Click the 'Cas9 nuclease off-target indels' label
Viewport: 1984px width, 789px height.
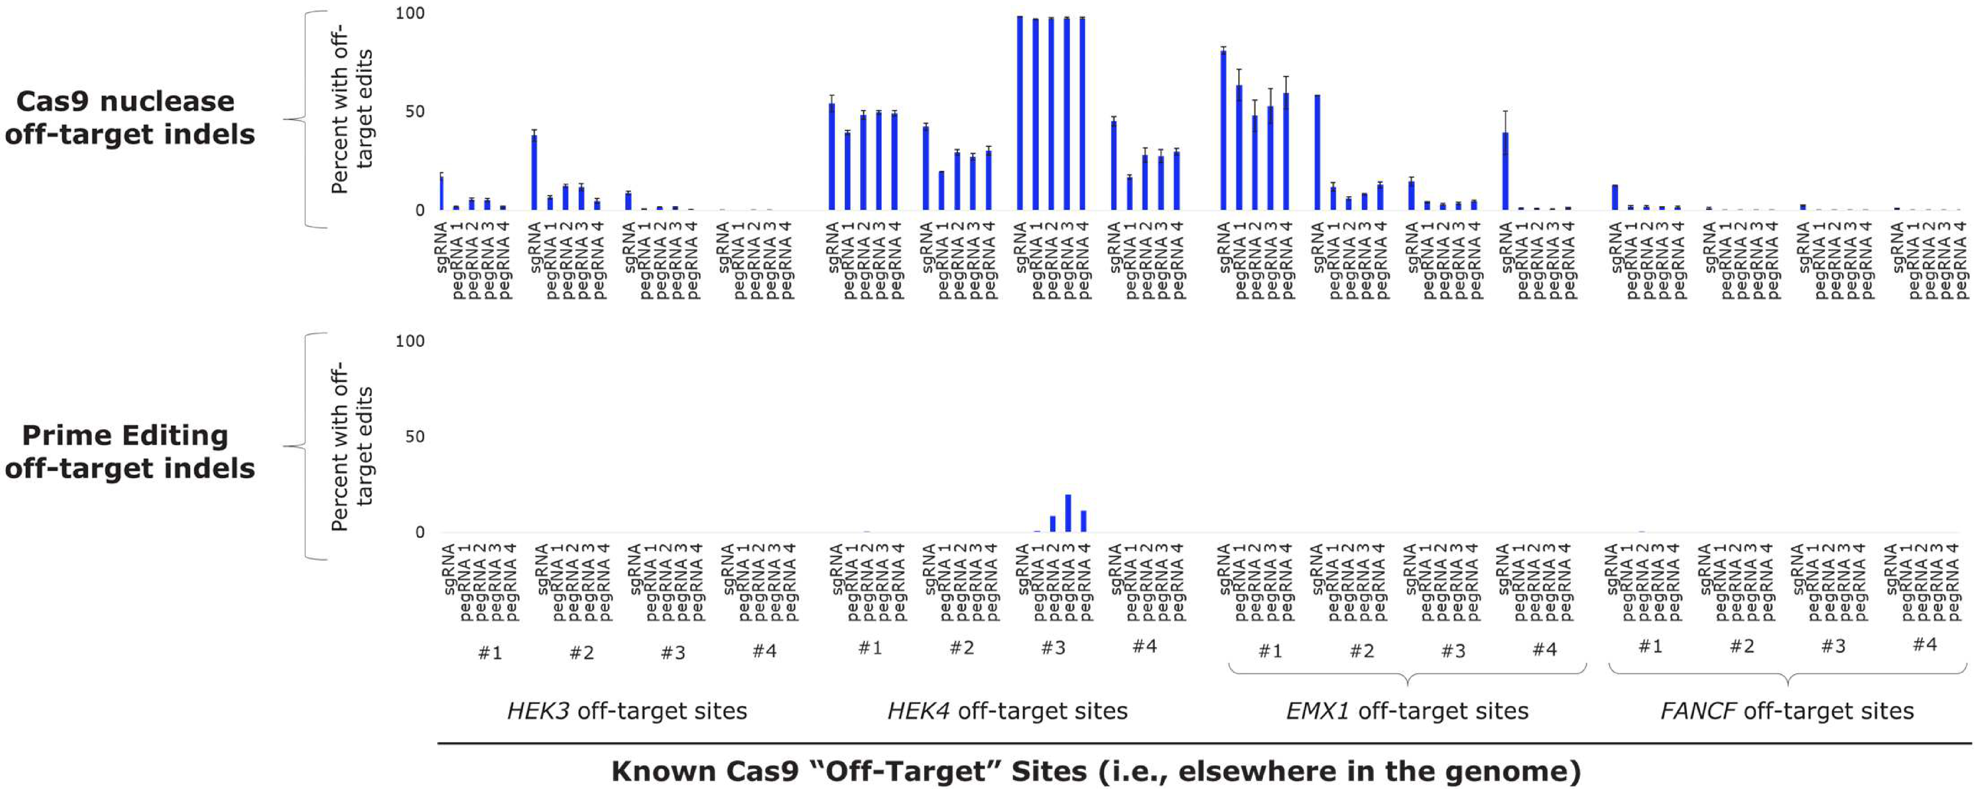coord(129,117)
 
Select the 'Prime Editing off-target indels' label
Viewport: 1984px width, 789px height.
coord(129,451)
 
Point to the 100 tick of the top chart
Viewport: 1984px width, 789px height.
coord(410,13)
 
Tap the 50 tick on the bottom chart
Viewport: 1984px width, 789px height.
coord(414,437)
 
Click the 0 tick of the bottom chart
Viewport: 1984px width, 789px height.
coord(420,533)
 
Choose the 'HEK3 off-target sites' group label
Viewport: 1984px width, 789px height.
coord(627,710)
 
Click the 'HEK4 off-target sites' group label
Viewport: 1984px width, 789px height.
coord(1007,710)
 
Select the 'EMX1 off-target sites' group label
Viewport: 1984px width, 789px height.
coord(1407,710)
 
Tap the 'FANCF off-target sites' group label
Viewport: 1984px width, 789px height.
coord(1787,710)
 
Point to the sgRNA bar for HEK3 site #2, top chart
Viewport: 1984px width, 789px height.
coord(534,173)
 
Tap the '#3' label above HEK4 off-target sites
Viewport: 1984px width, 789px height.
coord(1053,648)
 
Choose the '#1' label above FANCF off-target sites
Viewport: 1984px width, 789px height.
coord(1650,646)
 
